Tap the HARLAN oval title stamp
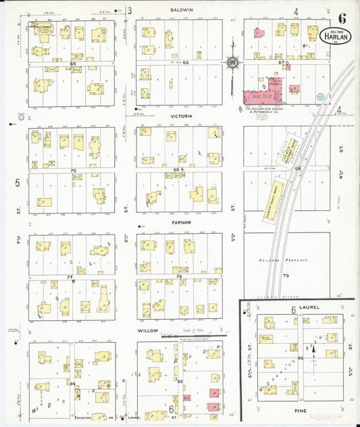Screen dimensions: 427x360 (x=336, y=36)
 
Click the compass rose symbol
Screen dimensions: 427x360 (x=233, y=62)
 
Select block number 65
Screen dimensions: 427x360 (x=72, y=63)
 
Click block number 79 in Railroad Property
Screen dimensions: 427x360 (x=285, y=276)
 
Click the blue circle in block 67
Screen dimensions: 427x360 (x=320, y=97)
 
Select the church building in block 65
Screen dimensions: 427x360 (x=41, y=30)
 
